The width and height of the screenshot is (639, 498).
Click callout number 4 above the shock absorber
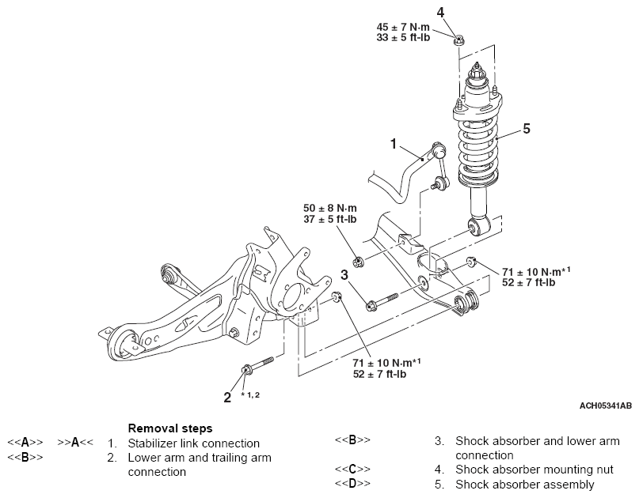440,13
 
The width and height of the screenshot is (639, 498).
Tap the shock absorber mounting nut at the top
460,40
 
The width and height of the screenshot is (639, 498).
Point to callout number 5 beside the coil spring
527,129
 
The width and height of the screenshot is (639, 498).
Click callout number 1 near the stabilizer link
394,144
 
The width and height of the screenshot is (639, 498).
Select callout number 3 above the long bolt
344,275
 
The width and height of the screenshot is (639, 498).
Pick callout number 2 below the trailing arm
227,398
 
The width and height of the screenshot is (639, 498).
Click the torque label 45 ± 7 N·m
403,27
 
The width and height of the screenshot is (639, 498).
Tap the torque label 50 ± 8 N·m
330,209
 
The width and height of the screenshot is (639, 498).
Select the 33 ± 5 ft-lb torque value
403,38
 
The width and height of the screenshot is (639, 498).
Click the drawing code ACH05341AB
606,406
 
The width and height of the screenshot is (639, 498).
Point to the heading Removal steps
170,428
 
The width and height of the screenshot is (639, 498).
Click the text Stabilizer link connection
193,443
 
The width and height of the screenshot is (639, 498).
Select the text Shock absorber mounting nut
534,470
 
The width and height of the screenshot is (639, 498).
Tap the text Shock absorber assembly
525,485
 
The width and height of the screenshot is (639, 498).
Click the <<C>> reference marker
352,470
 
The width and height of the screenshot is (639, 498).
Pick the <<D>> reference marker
352,484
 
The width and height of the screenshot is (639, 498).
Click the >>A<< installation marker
75,443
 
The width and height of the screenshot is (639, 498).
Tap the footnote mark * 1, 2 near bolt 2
249,394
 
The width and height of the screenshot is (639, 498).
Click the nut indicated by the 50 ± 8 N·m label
358,261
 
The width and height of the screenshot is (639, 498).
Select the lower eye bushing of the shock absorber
477,227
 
